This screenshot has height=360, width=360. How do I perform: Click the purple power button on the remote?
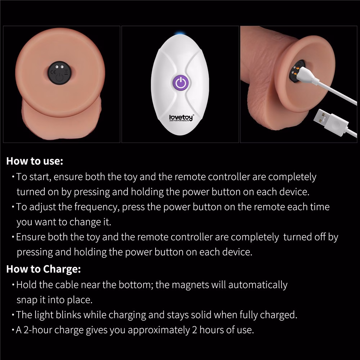[x=181, y=82]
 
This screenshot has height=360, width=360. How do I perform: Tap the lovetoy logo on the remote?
[x=181, y=118]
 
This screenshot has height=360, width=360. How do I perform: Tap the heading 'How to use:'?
[x=35, y=161]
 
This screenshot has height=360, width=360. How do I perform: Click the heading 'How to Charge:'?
[x=44, y=269]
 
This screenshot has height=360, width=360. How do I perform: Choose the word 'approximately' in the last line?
[x=159, y=330]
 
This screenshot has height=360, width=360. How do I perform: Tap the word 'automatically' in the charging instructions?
[x=258, y=285]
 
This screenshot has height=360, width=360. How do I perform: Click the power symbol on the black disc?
[x=59, y=77]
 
